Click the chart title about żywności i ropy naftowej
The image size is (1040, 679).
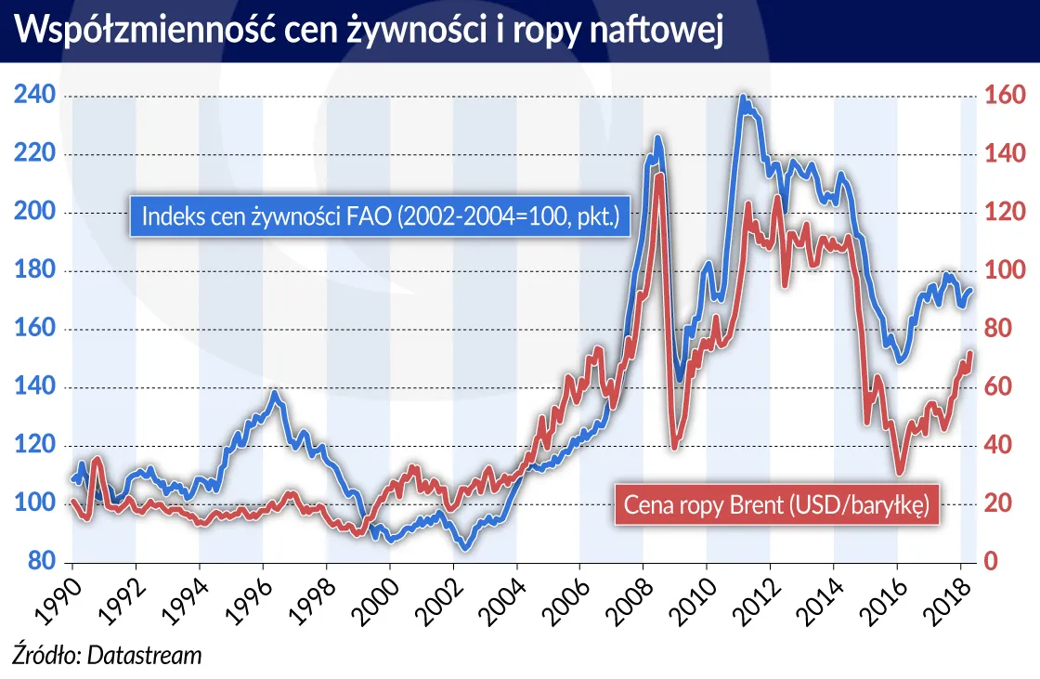click(370, 30)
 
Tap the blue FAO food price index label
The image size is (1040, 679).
click(380, 216)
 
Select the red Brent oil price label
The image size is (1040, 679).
click(776, 506)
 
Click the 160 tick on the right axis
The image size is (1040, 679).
click(1004, 97)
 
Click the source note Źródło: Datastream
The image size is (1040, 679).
click(106, 655)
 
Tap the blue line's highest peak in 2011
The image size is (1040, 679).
click(743, 97)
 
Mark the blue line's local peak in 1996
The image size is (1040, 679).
click(274, 394)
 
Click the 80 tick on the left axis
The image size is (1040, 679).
click(37, 562)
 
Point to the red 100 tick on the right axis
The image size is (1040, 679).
click(1004, 271)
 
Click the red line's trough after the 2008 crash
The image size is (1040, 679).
click(674, 448)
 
